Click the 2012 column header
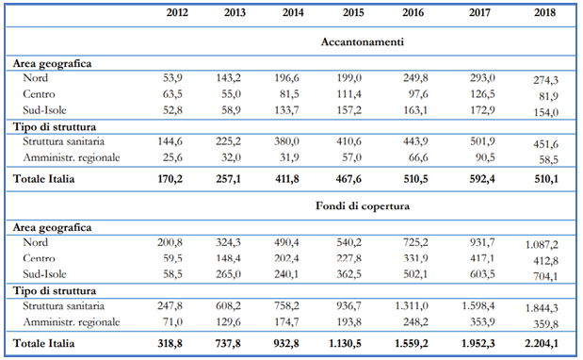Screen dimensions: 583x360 [177, 12]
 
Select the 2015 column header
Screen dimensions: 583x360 [353, 12]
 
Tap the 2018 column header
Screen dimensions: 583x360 [544, 12]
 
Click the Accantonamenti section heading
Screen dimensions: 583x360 [363, 41]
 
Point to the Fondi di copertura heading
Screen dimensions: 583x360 [363, 205]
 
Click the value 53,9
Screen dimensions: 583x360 [172, 78]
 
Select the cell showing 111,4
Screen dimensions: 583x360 [348, 94]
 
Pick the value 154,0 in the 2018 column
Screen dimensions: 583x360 [546, 112]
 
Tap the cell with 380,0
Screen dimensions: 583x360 [286, 141]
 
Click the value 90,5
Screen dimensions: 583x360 [485, 157]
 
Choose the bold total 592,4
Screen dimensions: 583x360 [482, 179]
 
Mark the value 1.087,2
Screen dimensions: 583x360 [542, 245]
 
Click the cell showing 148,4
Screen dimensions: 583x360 [228, 258]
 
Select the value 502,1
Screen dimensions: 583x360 [415, 274]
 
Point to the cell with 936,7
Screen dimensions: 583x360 [348, 306]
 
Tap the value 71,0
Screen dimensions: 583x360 [172, 321]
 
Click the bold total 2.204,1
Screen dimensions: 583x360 [542, 343]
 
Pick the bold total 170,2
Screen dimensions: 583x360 [170, 179]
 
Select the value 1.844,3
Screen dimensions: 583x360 [542, 308]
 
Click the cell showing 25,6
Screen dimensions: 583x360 [172, 157]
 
